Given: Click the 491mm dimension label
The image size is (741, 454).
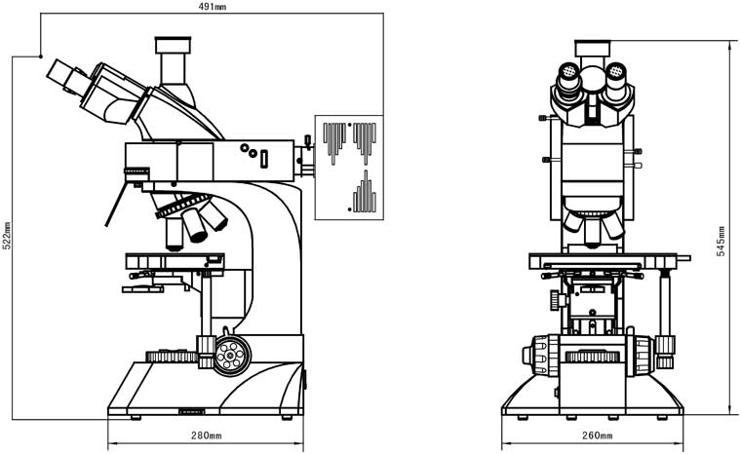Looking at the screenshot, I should [x=212, y=8].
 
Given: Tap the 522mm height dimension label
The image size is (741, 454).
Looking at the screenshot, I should [x=6, y=237].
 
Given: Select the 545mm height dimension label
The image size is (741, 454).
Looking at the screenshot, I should [x=721, y=237].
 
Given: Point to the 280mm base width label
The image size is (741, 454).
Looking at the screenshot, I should [x=207, y=435].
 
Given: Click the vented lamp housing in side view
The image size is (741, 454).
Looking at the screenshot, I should [x=348, y=165].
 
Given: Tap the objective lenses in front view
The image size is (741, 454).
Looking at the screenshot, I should [x=592, y=226].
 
